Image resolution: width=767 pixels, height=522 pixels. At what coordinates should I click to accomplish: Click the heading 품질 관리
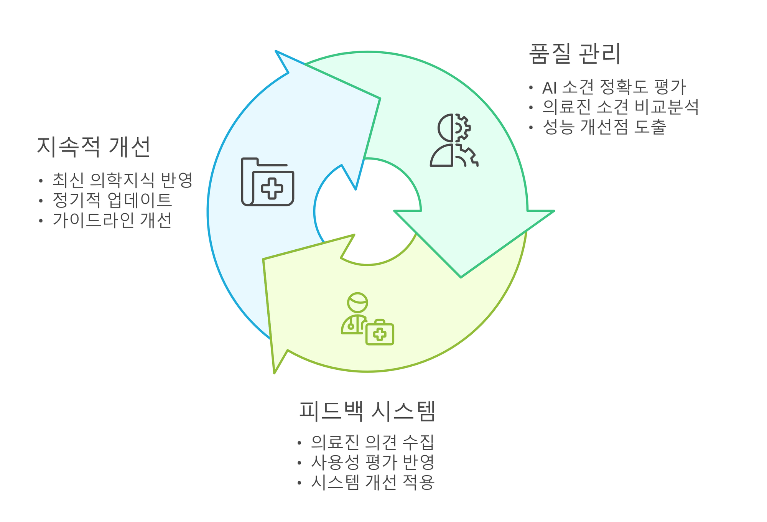[x=574, y=54]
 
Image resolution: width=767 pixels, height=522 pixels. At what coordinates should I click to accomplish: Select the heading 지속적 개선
[x=94, y=147]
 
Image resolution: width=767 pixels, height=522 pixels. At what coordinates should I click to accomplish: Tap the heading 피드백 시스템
[x=367, y=411]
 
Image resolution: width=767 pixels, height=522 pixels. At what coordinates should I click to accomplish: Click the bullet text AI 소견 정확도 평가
[x=614, y=87]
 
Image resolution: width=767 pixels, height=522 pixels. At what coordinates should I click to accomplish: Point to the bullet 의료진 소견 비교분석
[x=621, y=107]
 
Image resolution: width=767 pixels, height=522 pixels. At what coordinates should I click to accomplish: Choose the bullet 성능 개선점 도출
[x=604, y=127]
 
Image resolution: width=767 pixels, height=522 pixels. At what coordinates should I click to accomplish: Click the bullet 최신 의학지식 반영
[x=122, y=180]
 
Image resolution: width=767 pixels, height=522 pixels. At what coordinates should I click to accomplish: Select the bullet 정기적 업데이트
[x=112, y=200]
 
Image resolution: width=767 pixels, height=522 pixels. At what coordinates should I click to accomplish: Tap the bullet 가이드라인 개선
[x=112, y=220]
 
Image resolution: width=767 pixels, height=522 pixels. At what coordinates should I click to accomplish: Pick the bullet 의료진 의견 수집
[x=372, y=442]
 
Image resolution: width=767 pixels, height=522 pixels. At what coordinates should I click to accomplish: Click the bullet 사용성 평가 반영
[x=372, y=462]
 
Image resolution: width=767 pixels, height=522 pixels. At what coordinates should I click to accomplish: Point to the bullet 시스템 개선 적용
[x=372, y=482]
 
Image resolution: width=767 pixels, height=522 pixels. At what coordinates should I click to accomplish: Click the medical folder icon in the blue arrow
[x=268, y=181]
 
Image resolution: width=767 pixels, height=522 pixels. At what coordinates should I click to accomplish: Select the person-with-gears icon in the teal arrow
[x=454, y=140]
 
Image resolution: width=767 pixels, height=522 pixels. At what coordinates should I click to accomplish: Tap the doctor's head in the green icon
[x=357, y=303]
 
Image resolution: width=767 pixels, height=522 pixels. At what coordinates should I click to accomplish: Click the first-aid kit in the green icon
[x=380, y=333]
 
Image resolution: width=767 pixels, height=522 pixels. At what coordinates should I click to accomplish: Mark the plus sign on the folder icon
[x=272, y=188]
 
